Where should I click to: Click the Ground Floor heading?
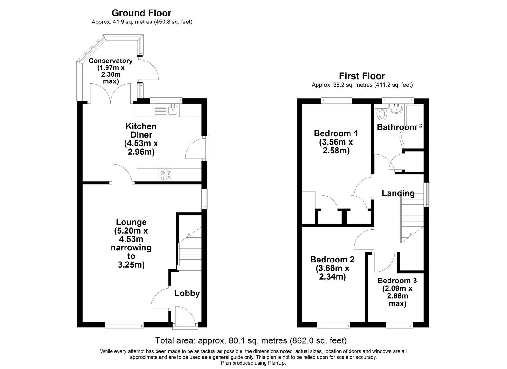[141, 13]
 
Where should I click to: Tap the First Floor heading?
[362, 76]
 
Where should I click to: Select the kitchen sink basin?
[174, 111]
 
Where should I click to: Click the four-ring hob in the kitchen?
[165, 175]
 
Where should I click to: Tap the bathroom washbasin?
[396, 108]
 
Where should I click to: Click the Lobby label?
[187, 293]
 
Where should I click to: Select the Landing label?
[398, 193]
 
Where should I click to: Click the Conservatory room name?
[111, 61]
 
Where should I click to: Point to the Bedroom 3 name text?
[397, 281]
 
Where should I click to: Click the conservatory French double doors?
[111, 93]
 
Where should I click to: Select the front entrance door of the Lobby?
[185, 317]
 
